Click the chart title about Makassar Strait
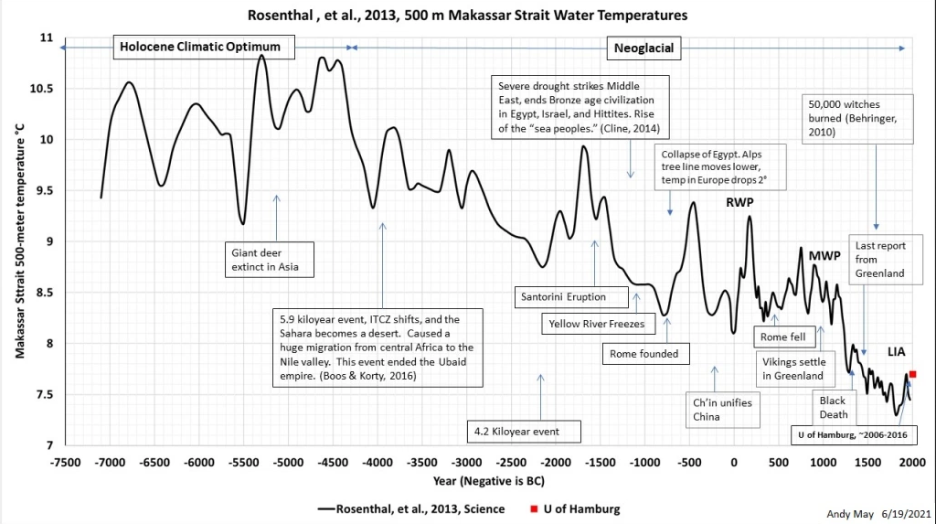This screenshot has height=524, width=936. click(467, 15)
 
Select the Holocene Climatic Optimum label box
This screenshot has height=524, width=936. click(204, 47)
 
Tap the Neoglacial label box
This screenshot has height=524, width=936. click(643, 48)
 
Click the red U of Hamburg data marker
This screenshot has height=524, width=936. click(913, 374)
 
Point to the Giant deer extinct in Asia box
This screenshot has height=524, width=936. click(270, 260)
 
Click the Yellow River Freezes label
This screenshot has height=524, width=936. click(598, 324)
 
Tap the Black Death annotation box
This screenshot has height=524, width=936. click(834, 408)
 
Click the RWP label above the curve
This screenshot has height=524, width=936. click(739, 202)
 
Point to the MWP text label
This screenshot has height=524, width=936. click(824, 256)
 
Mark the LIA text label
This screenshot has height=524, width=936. click(896, 352)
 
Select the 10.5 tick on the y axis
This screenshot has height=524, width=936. click(41, 89)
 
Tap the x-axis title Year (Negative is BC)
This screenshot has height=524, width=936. click(489, 480)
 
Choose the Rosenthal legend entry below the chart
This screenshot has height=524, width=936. click(411, 509)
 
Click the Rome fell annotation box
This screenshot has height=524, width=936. click(783, 337)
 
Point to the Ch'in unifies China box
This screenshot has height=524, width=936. click(723, 410)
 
